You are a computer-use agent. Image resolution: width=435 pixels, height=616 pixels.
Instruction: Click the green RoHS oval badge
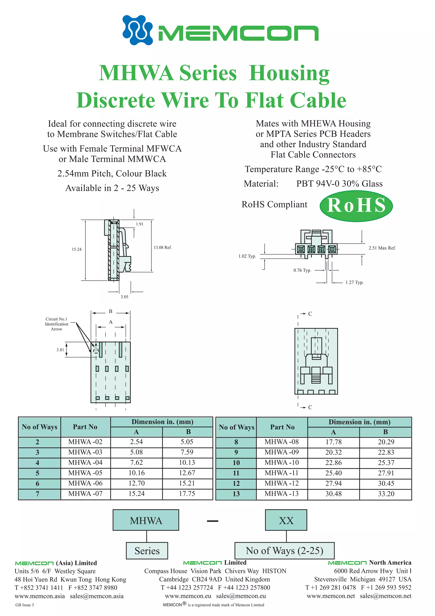[356, 206]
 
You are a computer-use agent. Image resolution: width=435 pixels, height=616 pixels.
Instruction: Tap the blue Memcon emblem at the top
[137, 30]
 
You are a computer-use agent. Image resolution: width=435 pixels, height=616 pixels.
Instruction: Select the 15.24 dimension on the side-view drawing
[76, 249]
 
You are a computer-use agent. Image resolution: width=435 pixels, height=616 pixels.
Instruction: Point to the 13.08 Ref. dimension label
[162, 247]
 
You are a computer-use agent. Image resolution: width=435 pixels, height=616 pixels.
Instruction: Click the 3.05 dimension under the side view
[124, 297]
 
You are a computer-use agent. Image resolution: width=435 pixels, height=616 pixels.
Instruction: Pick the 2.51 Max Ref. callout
[382, 248]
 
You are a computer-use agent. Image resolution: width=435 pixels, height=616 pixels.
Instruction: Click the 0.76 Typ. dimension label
[302, 270]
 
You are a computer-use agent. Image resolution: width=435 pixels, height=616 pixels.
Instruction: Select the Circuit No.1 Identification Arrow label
[56, 324]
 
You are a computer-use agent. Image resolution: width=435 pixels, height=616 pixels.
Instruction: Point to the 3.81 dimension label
[60, 350]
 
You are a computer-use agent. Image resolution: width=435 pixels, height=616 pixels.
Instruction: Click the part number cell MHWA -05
[85, 473]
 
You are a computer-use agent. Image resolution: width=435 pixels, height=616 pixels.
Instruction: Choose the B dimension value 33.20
[386, 494]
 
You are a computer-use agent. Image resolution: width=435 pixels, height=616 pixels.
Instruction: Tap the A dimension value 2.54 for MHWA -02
[136, 442]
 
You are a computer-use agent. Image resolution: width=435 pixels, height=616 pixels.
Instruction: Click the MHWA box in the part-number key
[146, 521]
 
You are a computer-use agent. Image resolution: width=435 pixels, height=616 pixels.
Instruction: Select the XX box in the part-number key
[286, 521]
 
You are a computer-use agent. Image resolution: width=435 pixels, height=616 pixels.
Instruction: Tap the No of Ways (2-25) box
[284, 551]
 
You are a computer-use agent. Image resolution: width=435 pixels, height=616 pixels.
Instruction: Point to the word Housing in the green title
[289, 73]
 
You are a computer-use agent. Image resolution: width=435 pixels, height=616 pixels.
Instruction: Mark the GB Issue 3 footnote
[25, 605]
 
